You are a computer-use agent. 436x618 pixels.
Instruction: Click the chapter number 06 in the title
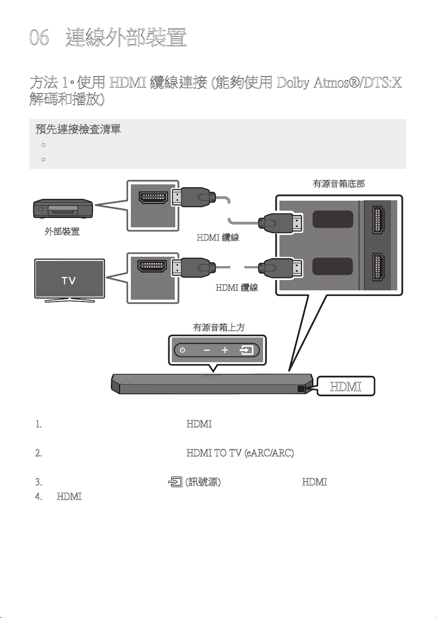coord(39,37)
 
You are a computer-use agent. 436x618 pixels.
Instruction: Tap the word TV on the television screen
coord(69,281)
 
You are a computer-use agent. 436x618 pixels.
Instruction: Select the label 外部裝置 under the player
coord(62,231)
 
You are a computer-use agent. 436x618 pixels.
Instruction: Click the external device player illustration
coord(63,209)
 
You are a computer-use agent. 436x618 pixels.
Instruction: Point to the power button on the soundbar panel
coord(182,350)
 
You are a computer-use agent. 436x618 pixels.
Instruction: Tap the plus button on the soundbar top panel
coord(225,350)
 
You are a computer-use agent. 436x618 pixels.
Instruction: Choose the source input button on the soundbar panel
coord(246,350)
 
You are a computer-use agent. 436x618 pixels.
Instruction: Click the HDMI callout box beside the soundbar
coord(346,386)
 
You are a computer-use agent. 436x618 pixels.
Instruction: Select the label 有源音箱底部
coord(339,184)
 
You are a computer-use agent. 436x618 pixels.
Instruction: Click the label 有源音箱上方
coord(219,328)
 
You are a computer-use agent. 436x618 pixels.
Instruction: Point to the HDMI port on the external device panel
coord(153,197)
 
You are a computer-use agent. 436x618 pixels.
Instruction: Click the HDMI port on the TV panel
coord(152,266)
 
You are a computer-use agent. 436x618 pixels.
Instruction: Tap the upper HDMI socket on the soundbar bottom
coord(378,220)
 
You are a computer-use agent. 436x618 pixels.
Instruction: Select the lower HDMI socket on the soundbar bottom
coord(378,267)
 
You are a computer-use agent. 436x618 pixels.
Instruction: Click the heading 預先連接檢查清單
coord(78,129)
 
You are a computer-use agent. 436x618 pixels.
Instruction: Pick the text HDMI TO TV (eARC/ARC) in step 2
coord(240,453)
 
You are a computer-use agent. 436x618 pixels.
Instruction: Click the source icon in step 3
coord(175,482)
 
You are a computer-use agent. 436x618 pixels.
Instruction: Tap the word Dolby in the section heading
coord(293,83)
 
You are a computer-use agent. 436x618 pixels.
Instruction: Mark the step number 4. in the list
coord(39,497)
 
